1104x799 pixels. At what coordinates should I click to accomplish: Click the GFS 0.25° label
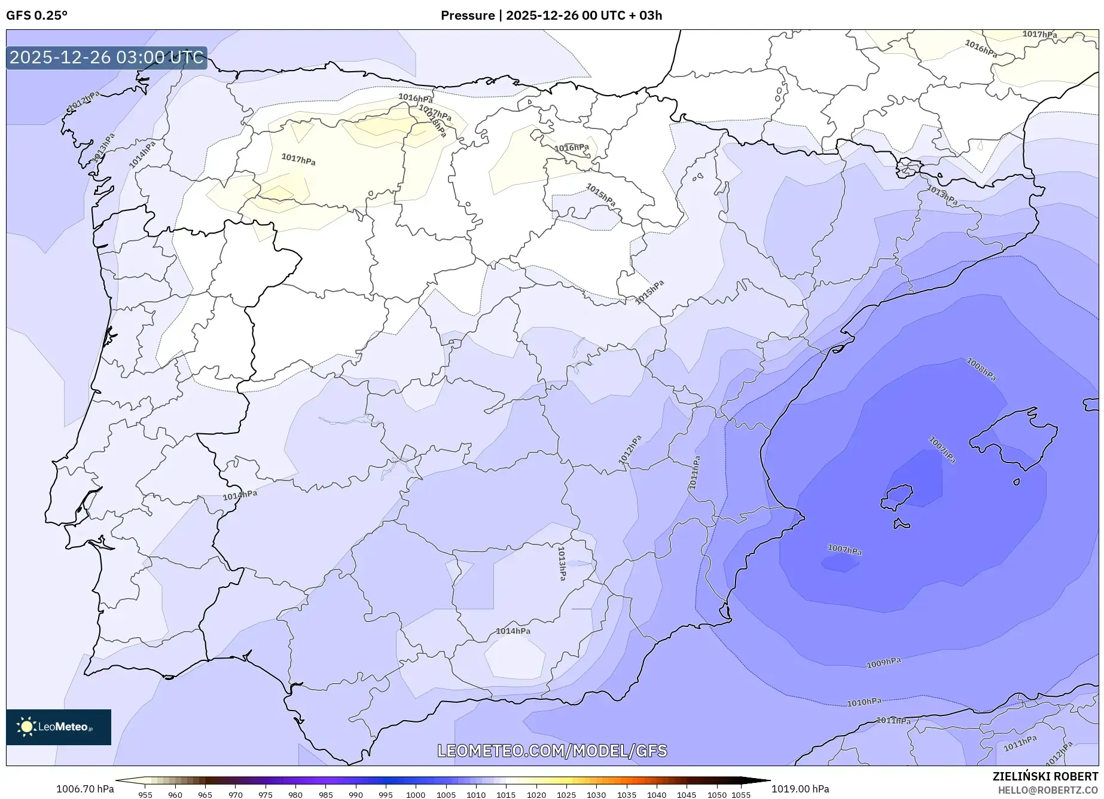pos(36,16)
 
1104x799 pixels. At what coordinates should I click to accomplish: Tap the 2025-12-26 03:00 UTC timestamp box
pos(106,58)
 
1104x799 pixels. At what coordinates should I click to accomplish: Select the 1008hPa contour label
pos(981,369)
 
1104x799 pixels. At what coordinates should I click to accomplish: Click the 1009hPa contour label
pos(883,662)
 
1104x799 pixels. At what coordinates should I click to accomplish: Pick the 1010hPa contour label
pos(864,702)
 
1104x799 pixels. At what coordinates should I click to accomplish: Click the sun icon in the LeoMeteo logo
pos(26,727)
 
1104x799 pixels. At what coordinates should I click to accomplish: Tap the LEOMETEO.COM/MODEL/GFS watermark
pos(552,751)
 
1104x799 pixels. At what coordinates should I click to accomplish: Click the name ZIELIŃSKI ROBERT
pos(1045,776)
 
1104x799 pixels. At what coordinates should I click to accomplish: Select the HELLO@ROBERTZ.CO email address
pos(1048,790)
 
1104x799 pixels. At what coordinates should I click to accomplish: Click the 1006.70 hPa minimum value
pos(85,789)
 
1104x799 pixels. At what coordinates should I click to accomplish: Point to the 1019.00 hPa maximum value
pos(800,789)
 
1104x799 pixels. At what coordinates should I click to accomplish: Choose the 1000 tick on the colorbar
pos(416,795)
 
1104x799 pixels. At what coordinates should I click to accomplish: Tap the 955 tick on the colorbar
pos(145,795)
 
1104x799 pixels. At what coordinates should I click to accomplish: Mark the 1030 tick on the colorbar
pos(596,795)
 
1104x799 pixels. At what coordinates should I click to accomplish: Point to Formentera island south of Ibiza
pos(901,524)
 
